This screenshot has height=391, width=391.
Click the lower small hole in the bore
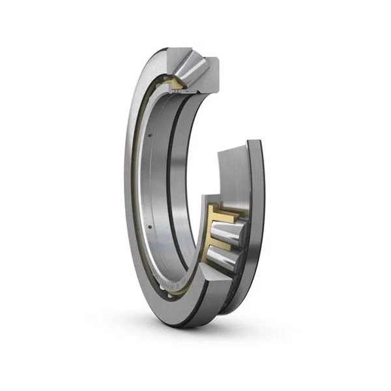tap(149, 226)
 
